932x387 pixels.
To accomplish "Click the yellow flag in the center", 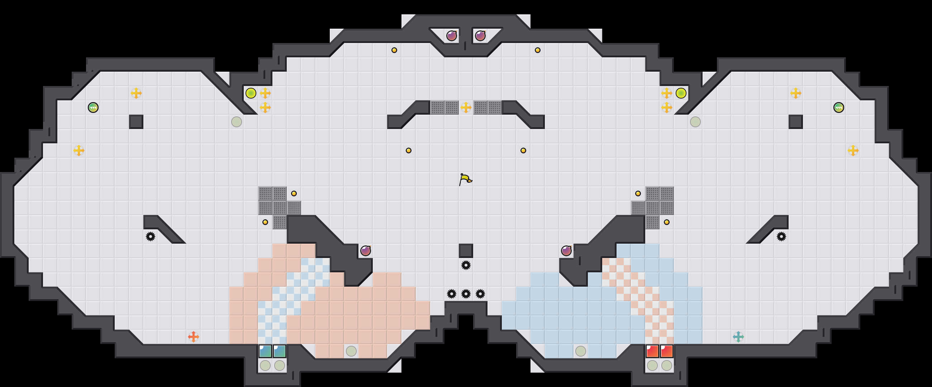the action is tap(465, 180).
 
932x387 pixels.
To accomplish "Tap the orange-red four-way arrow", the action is tap(194, 337).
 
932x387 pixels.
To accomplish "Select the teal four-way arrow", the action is tap(738, 337).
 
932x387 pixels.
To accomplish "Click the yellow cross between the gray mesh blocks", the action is tap(466, 107).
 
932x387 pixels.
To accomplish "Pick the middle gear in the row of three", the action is tap(466, 294).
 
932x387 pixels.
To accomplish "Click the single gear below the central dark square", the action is tap(466, 265).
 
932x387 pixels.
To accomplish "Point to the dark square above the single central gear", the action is tap(466, 250).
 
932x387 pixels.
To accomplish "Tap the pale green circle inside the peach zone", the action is tap(351, 351).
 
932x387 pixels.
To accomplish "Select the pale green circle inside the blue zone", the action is tap(580, 351).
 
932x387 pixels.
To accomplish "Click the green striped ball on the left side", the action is tap(93, 107).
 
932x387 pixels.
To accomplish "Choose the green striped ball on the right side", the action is tap(839, 107).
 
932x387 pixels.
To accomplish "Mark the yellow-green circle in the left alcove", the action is tap(251, 93).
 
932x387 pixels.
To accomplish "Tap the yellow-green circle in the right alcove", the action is tap(681, 93).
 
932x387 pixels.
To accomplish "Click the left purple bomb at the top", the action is tap(452, 36).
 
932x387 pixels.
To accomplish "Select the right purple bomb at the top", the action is tap(480, 36).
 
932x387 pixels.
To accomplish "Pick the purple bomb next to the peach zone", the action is tap(365, 250).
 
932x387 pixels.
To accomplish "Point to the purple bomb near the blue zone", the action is tap(566, 250).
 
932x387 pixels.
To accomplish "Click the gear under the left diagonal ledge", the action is tap(151, 236).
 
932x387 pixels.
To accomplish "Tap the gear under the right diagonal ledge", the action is tap(781, 236).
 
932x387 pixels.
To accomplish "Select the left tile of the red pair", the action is tap(652, 351).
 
